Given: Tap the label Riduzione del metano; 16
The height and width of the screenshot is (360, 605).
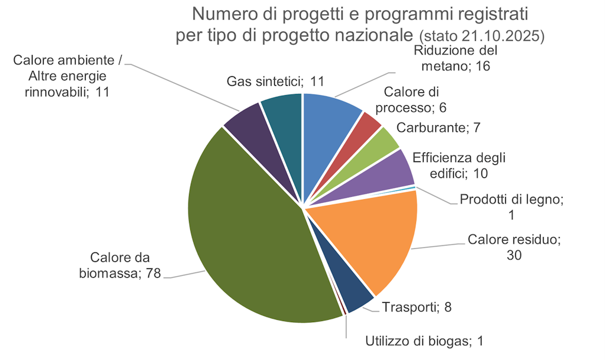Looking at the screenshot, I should pyautogui.click(x=456, y=58).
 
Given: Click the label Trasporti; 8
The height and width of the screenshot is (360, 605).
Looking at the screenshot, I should pyautogui.click(x=417, y=307).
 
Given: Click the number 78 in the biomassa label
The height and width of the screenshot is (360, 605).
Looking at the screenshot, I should pyautogui.click(x=151, y=274).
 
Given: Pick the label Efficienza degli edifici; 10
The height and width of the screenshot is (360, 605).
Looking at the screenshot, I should pyautogui.click(x=459, y=166).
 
